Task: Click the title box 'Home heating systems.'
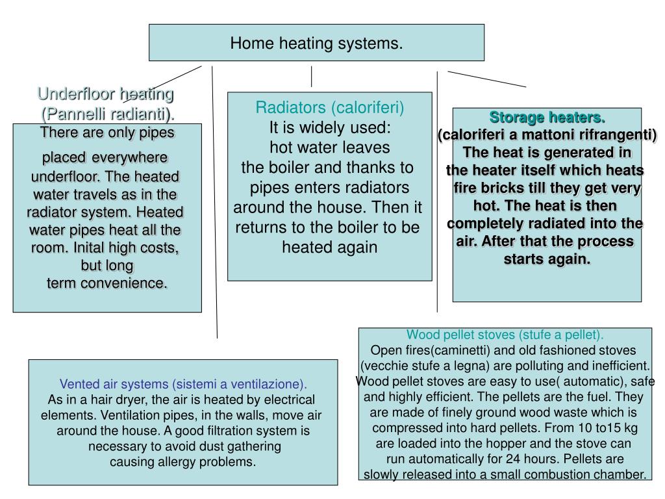pyautogui.click(x=316, y=44)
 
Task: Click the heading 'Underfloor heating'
pyautogui.click(x=106, y=94)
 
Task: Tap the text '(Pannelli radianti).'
pyautogui.click(x=108, y=114)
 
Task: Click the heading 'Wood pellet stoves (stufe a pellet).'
pyautogui.click(x=505, y=335)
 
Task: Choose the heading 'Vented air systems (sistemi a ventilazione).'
pyautogui.click(x=184, y=383)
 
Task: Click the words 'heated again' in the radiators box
pyautogui.click(x=329, y=248)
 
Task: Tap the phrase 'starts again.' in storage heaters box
pyautogui.click(x=547, y=259)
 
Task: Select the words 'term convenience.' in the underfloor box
pyautogui.click(x=107, y=283)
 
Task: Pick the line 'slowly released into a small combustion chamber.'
pyautogui.click(x=505, y=475)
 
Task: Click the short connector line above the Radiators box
pyautogui.click(x=312, y=76)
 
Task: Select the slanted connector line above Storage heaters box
pyautogui.click(x=486, y=79)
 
